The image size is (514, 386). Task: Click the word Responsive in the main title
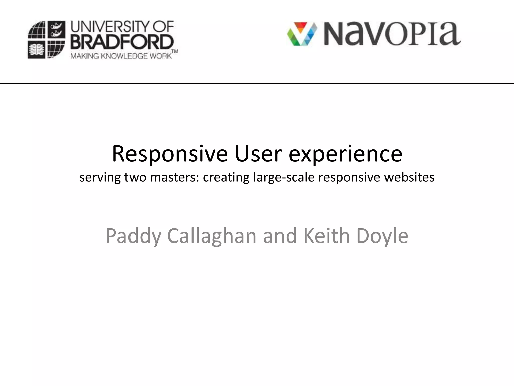[170, 154]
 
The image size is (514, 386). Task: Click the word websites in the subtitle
[409, 177]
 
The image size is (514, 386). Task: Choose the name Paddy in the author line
[133, 236]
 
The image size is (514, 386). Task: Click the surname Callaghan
[212, 236]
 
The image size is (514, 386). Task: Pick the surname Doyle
[382, 236]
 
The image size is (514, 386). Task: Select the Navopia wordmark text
[392, 34]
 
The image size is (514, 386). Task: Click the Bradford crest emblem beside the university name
[46, 40]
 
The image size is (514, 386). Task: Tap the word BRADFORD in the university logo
[122, 42]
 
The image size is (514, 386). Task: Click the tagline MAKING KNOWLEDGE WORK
[121, 56]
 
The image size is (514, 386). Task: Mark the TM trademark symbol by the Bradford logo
[175, 52]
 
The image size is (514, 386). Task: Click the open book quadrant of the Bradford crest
[37, 50]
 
